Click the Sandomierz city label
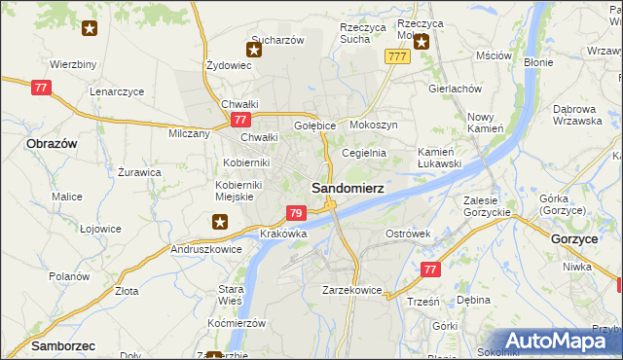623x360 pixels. (347, 186)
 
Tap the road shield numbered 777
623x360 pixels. (396, 57)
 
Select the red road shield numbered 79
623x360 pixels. (297, 213)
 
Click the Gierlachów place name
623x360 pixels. (456, 88)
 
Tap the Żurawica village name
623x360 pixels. (139, 172)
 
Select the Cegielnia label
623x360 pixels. (364, 153)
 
